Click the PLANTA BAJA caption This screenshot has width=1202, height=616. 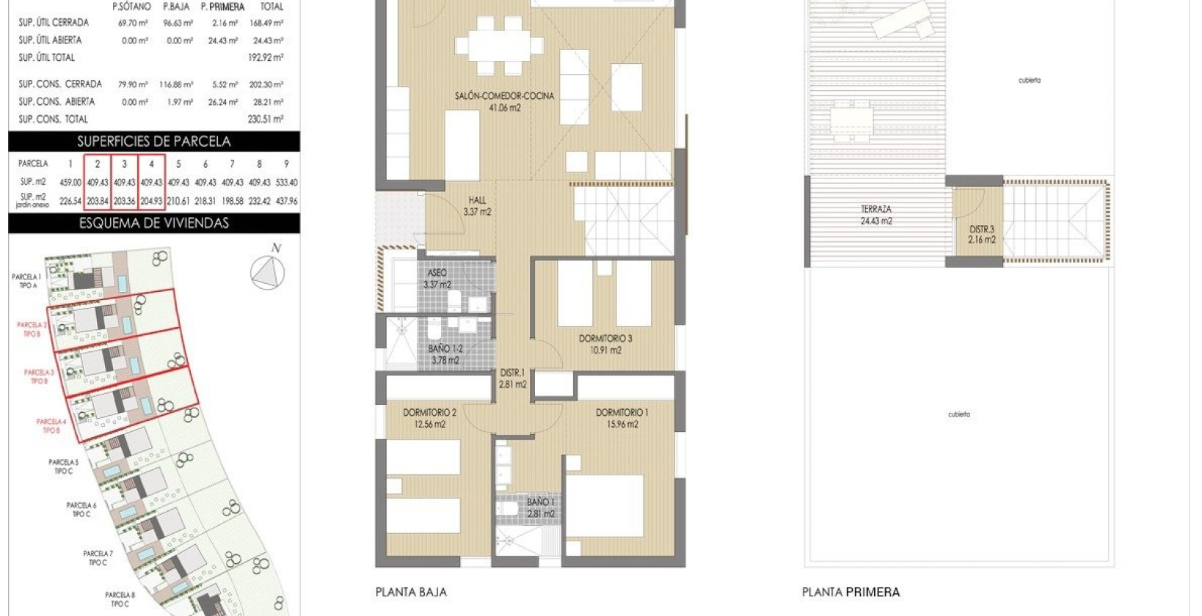point(411,592)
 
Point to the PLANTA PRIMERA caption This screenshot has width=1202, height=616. point(850,592)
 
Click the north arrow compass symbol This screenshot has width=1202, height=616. point(267,272)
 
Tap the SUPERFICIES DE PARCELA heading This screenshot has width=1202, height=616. point(154,142)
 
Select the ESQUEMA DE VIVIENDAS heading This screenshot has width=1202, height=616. point(154,223)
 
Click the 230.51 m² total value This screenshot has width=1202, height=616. point(266,119)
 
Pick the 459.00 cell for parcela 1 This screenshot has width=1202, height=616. point(70,183)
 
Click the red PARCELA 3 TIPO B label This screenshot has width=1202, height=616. point(38,376)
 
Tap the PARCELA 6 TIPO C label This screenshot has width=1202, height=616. point(81,510)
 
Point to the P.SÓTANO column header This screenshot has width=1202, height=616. point(131,7)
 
